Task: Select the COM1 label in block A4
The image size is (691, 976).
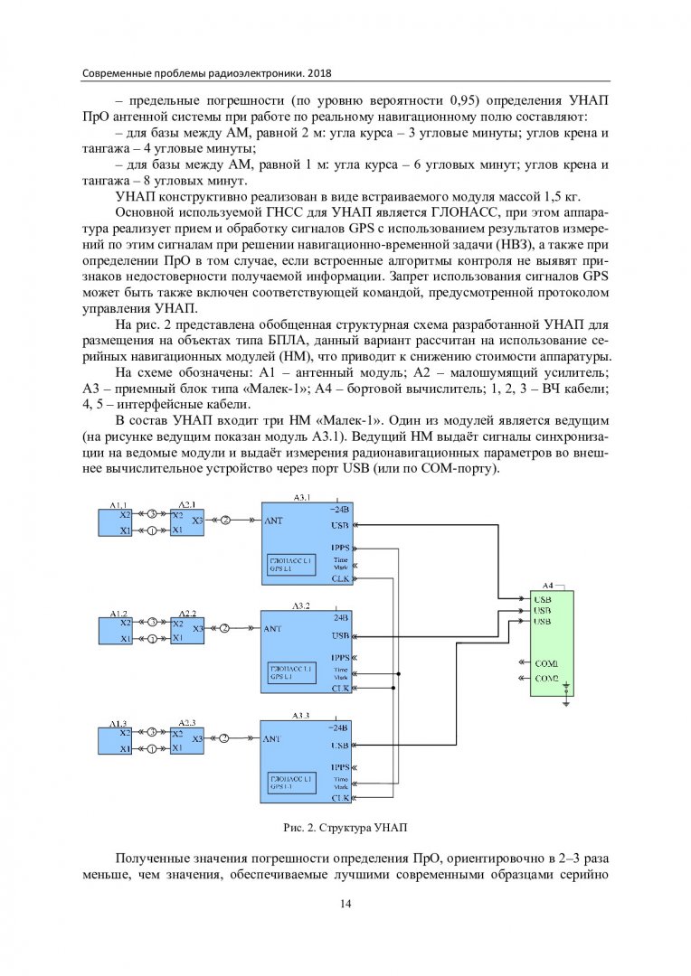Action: coord(545,662)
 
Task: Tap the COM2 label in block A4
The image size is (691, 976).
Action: coord(545,678)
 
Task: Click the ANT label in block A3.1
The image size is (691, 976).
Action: coord(274,521)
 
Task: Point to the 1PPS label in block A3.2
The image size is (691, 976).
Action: coord(340,657)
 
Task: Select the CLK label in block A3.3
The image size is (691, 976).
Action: coord(340,798)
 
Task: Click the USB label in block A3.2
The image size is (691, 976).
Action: coord(340,635)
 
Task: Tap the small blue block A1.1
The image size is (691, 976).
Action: coord(116,521)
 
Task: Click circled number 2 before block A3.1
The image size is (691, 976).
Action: coord(225,520)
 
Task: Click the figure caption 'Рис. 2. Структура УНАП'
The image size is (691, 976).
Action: coord(345,827)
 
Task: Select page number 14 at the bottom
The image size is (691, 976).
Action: coord(345,905)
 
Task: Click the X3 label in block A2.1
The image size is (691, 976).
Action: coord(196,519)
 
